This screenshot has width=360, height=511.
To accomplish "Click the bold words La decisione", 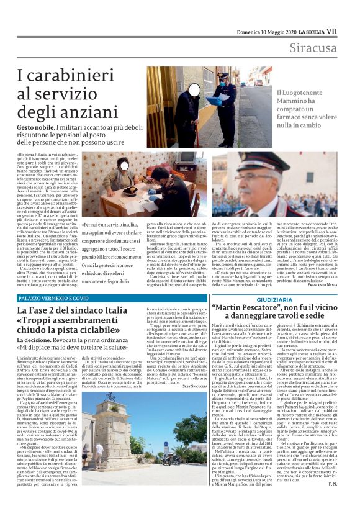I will click(x=37, y=341).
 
